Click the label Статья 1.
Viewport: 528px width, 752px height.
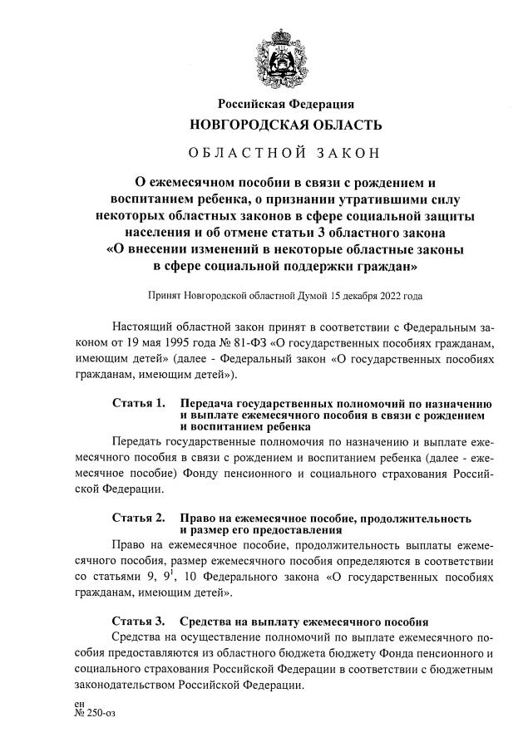138,402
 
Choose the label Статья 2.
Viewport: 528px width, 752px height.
138,517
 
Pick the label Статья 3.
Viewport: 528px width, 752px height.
138,621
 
